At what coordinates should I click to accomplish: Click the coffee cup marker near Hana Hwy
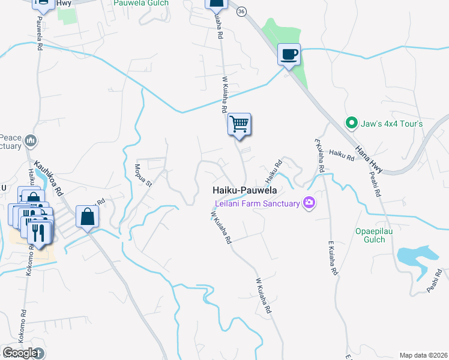click(x=289, y=55)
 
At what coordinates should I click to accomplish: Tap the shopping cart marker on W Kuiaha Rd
click(x=239, y=125)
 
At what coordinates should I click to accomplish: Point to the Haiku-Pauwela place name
click(x=244, y=190)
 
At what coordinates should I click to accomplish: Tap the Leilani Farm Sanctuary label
click(x=258, y=203)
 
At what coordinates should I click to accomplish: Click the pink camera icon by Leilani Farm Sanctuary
click(x=309, y=203)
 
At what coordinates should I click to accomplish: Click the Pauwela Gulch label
click(x=141, y=3)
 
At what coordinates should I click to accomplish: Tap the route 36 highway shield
click(x=241, y=11)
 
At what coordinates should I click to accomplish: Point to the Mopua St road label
click(x=143, y=175)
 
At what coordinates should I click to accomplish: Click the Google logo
click(x=19, y=353)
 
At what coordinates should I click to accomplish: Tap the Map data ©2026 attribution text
click(x=423, y=355)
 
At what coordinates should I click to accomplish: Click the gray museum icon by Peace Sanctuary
click(x=32, y=141)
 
